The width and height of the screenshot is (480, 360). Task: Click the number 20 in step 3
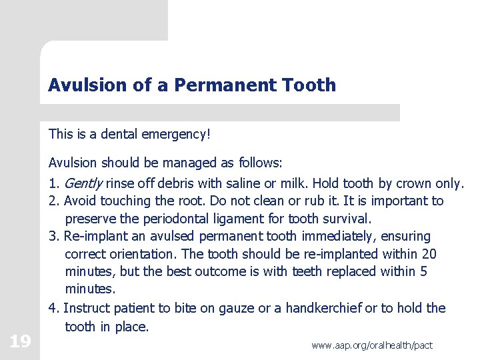tap(430, 254)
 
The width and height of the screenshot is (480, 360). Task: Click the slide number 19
tap(20, 342)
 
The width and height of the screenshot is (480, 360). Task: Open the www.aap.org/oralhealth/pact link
tap(372, 345)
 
